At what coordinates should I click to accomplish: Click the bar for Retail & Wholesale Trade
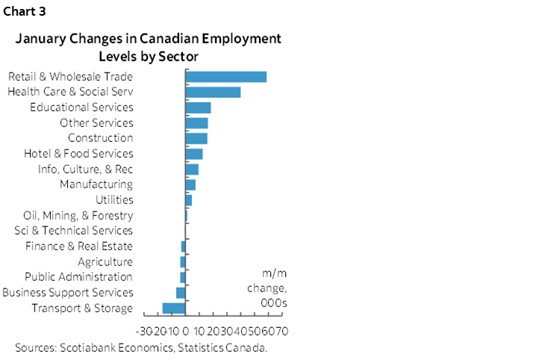[225, 76]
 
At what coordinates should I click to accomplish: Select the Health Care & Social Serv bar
[213, 92]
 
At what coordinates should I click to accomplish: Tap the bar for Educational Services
[198, 108]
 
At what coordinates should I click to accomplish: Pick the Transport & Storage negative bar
[174, 308]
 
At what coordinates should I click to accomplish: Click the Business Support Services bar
[181, 293]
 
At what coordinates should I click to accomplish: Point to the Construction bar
[196, 138]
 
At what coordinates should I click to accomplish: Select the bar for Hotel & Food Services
[194, 154]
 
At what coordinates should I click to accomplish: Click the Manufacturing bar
[190, 184]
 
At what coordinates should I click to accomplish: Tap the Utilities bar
[188, 200]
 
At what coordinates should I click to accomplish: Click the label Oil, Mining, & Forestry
[78, 216]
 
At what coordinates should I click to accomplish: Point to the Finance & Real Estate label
[78, 246]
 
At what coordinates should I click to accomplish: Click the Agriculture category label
[105, 262]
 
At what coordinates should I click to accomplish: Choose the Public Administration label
[78, 277]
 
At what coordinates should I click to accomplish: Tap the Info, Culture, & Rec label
[85, 170]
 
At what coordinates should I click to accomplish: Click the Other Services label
[96, 123]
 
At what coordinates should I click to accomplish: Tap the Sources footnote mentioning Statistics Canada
[141, 348]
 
